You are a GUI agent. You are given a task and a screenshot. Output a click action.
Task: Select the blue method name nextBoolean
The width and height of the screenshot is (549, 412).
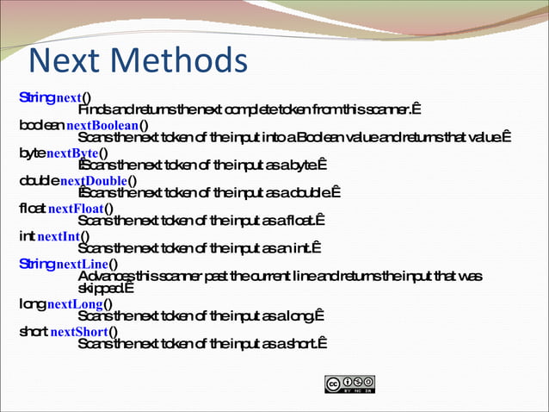click(x=102, y=124)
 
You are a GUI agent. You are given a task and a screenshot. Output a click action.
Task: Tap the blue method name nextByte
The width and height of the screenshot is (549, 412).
click(x=72, y=153)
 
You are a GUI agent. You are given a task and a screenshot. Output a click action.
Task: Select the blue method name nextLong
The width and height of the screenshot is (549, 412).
click(x=75, y=304)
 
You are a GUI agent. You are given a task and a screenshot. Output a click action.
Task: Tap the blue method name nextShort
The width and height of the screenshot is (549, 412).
click(x=79, y=332)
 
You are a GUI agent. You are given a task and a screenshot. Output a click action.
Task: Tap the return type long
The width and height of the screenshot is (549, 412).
click(x=32, y=304)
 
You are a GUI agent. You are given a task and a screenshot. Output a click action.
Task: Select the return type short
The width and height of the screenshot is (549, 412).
click(x=34, y=332)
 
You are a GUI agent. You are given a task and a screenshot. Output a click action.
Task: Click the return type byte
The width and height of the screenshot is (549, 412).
click(x=32, y=153)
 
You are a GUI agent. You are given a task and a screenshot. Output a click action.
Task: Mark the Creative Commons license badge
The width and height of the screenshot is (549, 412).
click(x=349, y=384)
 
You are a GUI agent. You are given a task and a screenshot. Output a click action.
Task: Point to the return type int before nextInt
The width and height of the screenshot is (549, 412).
click(x=26, y=235)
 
